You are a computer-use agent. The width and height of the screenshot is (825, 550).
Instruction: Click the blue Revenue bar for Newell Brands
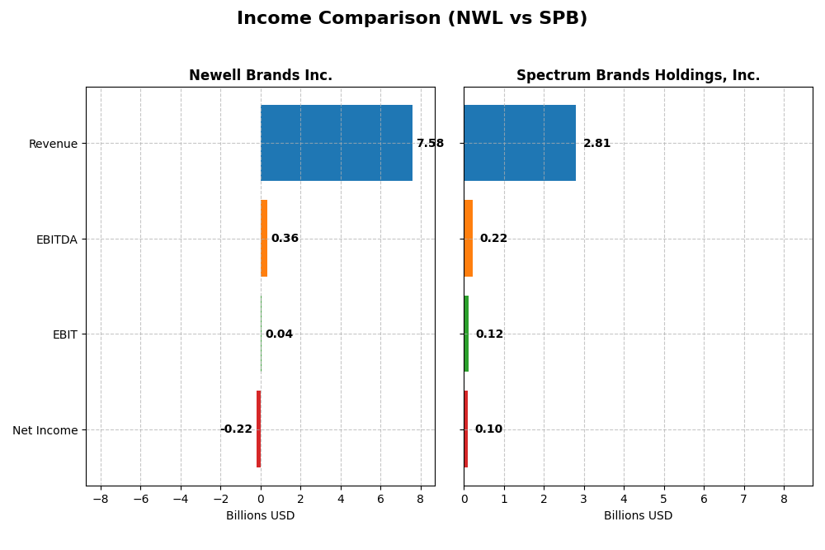pyautogui.click(x=336, y=143)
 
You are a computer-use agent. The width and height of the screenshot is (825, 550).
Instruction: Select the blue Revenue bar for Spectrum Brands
pyautogui.click(x=520, y=143)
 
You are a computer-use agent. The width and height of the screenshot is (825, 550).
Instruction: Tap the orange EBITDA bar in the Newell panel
pyautogui.click(x=264, y=238)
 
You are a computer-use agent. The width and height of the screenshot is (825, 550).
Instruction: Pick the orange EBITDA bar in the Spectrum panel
pyautogui.click(x=468, y=238)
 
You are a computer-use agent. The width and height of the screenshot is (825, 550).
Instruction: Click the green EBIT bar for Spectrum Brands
pyautogui.click(x=466, y=334)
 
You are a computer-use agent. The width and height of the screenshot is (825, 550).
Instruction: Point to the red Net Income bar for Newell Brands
pyautogui.click(x=258, y=429)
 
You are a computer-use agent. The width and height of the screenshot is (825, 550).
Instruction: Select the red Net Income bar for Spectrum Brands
pyautogui.click(x=465, y=429)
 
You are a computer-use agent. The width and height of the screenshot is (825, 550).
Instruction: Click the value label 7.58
pyautogui.click(x=430, y=144)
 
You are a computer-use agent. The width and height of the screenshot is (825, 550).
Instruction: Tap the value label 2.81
pyautogui.click(x=596, y=144)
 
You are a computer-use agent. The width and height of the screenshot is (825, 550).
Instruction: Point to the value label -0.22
pyautogui.click(x=236, y=429)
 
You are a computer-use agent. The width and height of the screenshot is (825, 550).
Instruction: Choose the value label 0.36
pyautogui.click(x=285, y=239)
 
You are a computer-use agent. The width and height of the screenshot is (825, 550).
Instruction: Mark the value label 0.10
pyautogui.click(x=488, y=429)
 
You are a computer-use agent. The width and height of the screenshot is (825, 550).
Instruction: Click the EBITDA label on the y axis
pyautogui.click(x=56, y=239)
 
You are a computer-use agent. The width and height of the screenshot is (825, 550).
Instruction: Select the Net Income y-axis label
pyautogui.click(x=45, y=430)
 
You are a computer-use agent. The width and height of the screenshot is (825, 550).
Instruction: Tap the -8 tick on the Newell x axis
pyautogui.click(x=101, y=500)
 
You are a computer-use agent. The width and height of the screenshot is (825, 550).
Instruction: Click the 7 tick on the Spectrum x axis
pyautogui.click(x=743, y=500)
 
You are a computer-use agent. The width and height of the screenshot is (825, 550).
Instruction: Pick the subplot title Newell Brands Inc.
pyautogui.click(x=261, y=76)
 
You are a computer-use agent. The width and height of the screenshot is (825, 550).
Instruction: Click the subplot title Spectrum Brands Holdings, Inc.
pyautogui.click(x=638, y=76)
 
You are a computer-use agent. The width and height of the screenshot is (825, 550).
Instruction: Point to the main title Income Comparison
pyautogui.click(x=412, y=18)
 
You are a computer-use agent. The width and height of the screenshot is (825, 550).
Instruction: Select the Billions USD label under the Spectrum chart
pyautogui.click(x=638, y=516)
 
